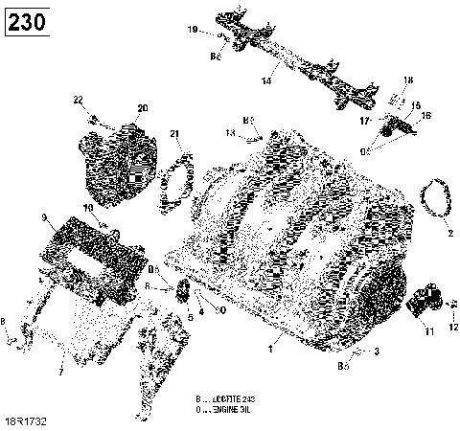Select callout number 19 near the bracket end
pos(192,31)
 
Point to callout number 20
pos(143,107)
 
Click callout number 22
pos(79,100)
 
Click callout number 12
pos(453,328)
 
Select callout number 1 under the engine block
pos(271,352)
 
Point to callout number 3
pos(377,352)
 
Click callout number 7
pos(60,371)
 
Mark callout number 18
pos(407,79)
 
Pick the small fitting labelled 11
pos(422,305)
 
